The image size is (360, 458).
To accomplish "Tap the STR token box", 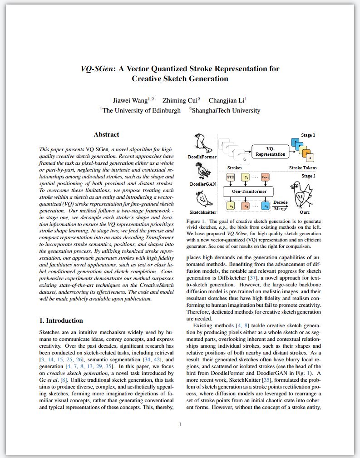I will [230, 176].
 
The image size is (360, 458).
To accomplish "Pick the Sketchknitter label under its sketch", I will [202, 212].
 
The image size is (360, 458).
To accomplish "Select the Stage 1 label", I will [308, 135].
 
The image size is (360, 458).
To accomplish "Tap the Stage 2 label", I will [308, 176].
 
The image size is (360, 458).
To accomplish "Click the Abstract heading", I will [106, 134].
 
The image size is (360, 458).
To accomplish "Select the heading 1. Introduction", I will [61, 320].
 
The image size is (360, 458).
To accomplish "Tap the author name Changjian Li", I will [227, 100].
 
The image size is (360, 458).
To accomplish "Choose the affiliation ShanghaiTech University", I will [226, 110].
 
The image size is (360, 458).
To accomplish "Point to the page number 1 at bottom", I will [180, 424].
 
